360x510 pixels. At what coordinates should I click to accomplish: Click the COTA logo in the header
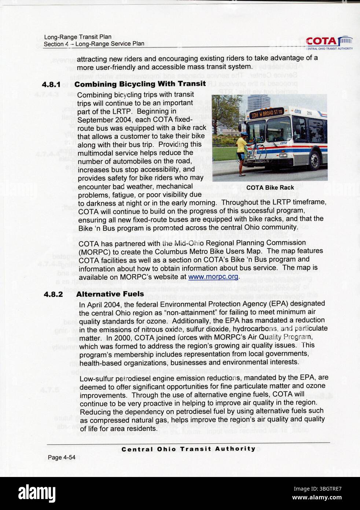[328, 43]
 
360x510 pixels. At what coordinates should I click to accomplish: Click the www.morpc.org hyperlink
[213, 277]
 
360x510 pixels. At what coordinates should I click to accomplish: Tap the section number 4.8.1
[51, 84]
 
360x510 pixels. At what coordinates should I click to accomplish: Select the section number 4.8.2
[53, 294]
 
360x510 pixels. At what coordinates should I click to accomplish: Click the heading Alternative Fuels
[110, 294]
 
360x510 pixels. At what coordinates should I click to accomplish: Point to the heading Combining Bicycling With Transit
[140, 84]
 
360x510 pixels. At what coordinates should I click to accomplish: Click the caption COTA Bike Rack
[270, 187]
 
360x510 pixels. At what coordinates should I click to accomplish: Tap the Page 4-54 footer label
[61, 457]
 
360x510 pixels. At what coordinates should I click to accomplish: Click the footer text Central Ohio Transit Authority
[188, 449]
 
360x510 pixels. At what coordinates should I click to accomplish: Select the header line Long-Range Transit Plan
[77, 37]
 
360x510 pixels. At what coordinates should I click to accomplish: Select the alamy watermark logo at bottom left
[37, 493]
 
